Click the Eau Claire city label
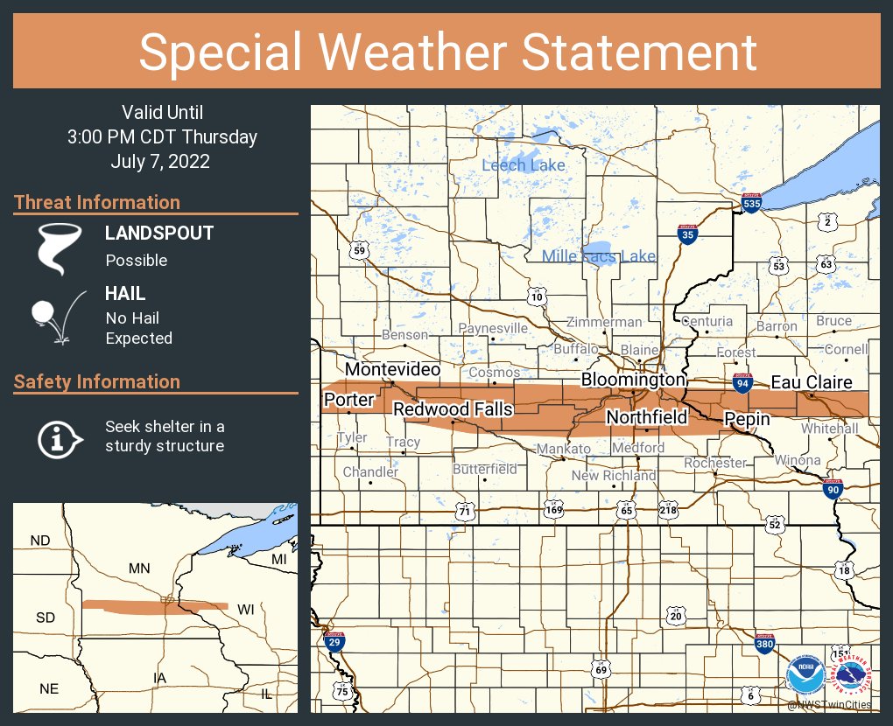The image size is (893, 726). pyautogui.click(x=811, y=382)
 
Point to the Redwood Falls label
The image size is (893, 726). pyautogui.click(x=453, y=409)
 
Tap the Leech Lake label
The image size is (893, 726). pyautogui.click(x=524, y=164)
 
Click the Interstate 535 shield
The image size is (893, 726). pyautogui.click(x=751, y=204)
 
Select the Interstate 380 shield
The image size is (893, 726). pyautogui.click(x=763, y=645)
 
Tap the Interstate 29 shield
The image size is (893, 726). pyautogui.click(x=334, y=643)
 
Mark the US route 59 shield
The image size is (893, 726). pyautogui.click(x=358, y=251)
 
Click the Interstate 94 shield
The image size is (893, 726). pyautogui.click(x=742, y=382)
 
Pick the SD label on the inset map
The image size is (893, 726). pyautogui.click(x=46, y=618)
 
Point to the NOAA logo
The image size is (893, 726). pyautogui.click(x=804, y=675)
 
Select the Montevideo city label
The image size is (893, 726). pyautogui.click(x=392, y=370)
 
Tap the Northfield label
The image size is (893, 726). pyautogui.click(x=647, y=417)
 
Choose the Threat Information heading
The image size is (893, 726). pyautogui.click(x=97, y=202)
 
